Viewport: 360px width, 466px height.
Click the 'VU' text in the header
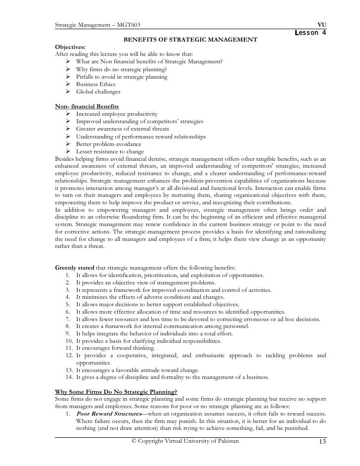click(321, 25)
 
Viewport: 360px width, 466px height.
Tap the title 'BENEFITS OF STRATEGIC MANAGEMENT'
click(190, 40)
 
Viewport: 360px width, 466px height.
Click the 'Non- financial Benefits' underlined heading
click(87, 106)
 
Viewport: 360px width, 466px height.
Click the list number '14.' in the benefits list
click(69, 377)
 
